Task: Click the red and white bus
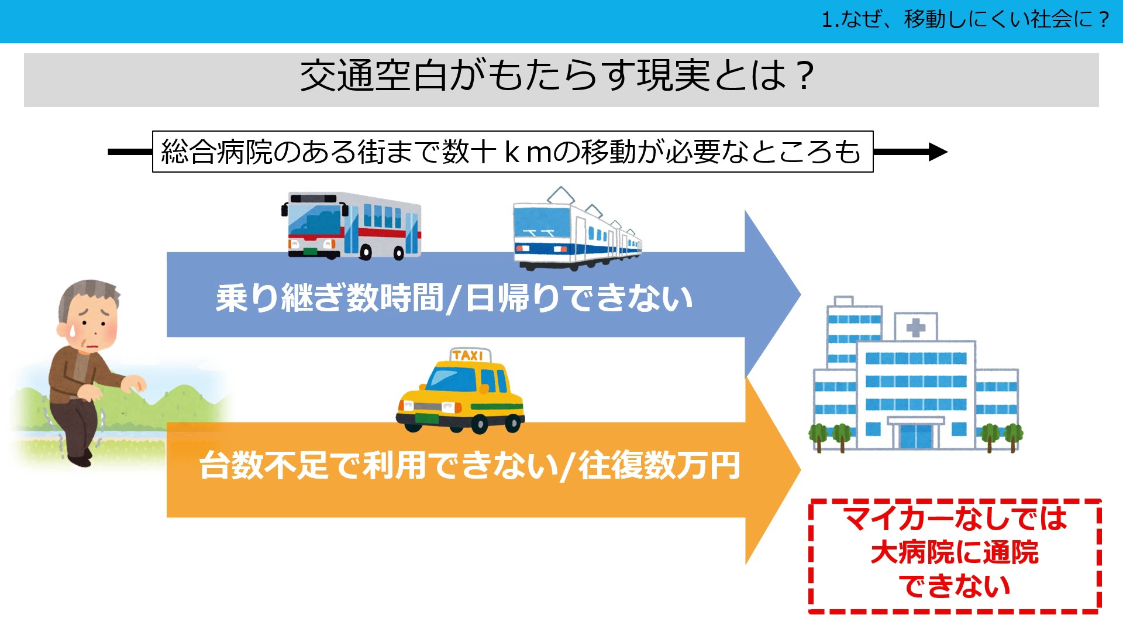tap(351, 225)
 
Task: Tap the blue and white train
tap(577, 231)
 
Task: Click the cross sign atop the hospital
tap(916, 327)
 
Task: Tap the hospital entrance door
tap(916, 435)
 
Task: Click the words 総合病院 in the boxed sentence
tap(217, 152)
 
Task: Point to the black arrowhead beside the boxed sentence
tap(938, 152)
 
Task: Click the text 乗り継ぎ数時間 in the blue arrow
tap(329, 298)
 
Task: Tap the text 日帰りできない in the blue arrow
tap(579, 298)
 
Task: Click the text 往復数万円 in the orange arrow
tap(659, 466)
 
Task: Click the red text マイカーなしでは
tap(955, 518)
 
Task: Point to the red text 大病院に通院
tap(955, 552)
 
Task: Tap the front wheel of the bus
tap(366, 253)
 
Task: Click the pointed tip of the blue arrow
tap(800, 294)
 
